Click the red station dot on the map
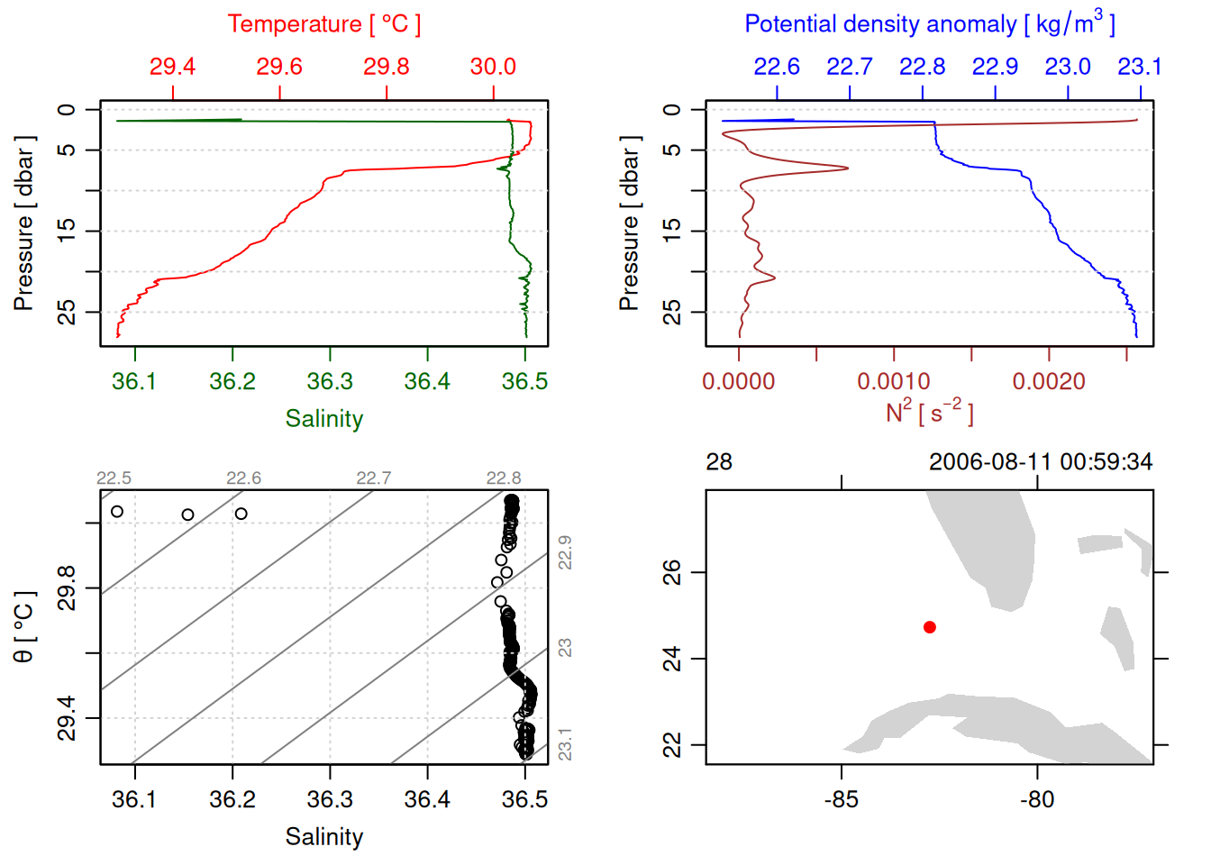(929, 627)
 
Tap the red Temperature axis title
(323, 24)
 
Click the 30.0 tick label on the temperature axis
(493, 67)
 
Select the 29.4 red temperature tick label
(172, 67)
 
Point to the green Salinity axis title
(323, 419)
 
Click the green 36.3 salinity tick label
(330, 382)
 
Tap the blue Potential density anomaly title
(929, 24)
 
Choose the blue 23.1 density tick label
(1140, 67)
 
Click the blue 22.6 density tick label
(777, 67)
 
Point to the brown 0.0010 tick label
(894, 382)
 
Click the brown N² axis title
(929, 413)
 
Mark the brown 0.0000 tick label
(739, 382)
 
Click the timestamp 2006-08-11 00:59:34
(1041, 462)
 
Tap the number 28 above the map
(719, 462)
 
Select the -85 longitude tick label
(842, 800)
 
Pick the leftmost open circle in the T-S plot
(117, 512)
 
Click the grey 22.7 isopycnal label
(373, 478)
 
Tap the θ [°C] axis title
(24, 627)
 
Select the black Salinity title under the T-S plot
(323, 837)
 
